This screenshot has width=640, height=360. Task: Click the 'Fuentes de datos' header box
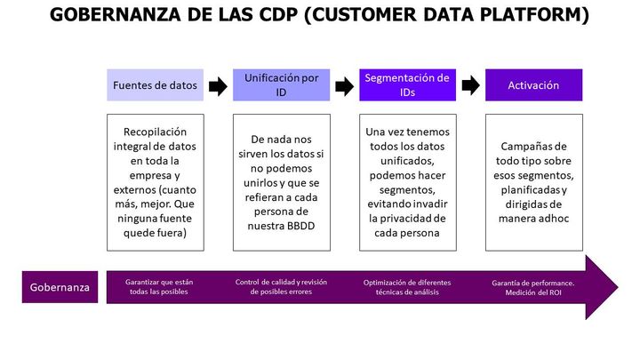[x=155, y=85]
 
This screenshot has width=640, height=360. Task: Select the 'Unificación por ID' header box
[x=281, y=85]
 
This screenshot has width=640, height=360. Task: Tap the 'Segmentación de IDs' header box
[x=407, y=85]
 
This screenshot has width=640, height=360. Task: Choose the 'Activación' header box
[x=534, y=85]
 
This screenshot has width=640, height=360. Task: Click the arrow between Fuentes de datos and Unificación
[x=218, y=86]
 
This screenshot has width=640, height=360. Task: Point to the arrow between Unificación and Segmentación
[x=345, y=86]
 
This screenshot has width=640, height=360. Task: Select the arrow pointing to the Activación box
[x=470, y=85]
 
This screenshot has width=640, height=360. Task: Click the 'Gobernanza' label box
[x=60, y=287]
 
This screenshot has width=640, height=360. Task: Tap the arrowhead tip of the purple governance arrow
[x=618, y=287]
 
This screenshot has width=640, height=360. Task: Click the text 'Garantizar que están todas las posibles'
[x=159, y=286]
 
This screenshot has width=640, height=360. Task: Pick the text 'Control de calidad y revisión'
[x=281, y=282]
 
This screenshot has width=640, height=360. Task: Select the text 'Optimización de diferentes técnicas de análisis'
[x=407, y=287]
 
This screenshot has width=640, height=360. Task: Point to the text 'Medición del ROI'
[x=533, y=292]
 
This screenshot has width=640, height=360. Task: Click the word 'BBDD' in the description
[x=300, y=226]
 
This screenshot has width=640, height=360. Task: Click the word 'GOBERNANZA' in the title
[x=115, y=15]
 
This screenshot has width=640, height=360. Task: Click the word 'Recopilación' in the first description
[x=155, y=132]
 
